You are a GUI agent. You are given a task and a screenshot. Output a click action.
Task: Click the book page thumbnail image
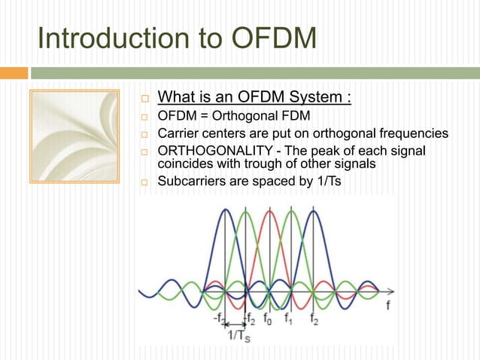73,136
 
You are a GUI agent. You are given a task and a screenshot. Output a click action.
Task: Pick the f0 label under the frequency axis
268,318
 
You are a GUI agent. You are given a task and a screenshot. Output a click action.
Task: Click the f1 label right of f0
287,318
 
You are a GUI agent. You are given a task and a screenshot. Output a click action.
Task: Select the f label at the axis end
387,306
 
